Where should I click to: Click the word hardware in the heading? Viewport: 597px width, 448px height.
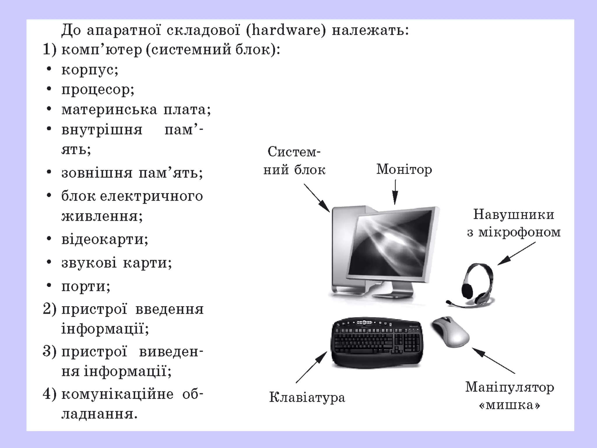286,30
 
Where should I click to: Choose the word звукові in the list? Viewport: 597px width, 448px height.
89,263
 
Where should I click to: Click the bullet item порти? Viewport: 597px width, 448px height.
86,286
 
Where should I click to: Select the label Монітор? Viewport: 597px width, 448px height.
404,169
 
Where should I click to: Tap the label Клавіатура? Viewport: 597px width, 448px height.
307,397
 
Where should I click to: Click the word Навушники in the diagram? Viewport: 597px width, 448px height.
513,215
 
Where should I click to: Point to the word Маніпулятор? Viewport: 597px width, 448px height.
510,388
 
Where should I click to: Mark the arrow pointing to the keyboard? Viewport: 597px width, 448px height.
311,367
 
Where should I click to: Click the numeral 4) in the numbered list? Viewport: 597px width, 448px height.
49,394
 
